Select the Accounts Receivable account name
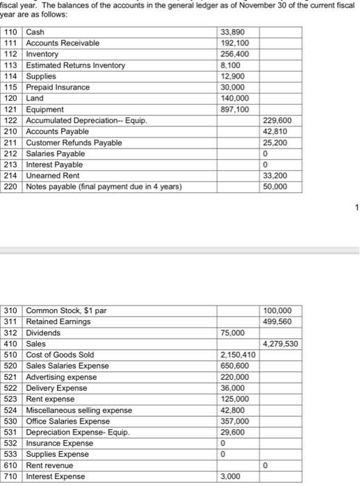point(63,43)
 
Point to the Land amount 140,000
point(234,99)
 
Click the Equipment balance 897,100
point(234,110)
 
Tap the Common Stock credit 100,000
point(279,310)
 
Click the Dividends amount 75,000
point(234,332)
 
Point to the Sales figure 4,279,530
point(282,343)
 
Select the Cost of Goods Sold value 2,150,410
point(238,354)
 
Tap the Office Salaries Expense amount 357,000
point(234,421)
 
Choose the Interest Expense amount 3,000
point(231,476)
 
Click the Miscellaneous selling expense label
point(79,410)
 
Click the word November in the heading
point(256,7)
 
